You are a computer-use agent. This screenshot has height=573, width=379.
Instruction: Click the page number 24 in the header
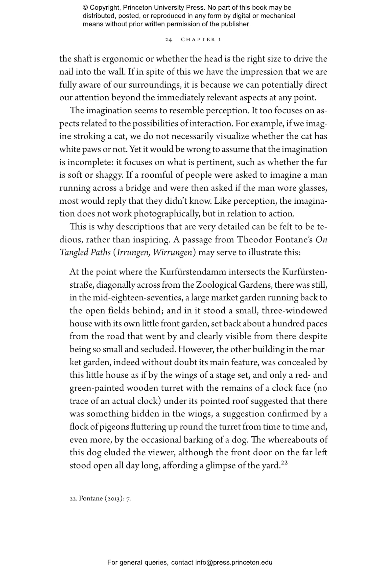(x=169, y=40)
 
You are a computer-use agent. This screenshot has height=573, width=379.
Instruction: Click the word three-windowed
(x=294, y=311)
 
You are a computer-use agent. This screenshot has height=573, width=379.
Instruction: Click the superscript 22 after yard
(x=285, y=463)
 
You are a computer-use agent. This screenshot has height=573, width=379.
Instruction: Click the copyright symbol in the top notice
(x=85, y=8)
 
